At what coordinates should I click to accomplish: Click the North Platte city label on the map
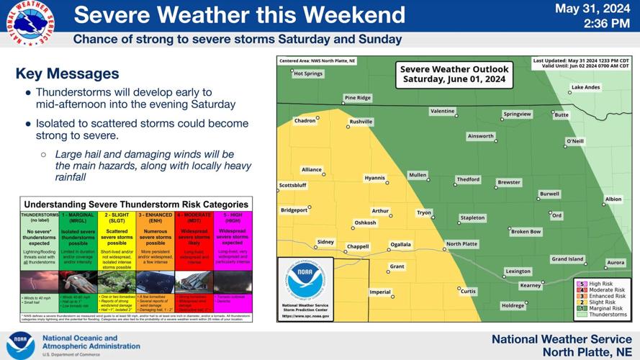click(461, 244)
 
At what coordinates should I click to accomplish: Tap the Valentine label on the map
click(442, 112)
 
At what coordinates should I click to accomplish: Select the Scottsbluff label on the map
click(292, 186)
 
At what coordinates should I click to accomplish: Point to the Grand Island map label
click(567, 259)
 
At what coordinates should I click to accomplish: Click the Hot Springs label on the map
click(308, 73)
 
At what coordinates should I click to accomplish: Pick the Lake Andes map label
click(585, 88)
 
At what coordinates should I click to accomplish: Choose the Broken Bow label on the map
click(526, 232)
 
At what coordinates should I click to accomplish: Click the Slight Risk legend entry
click(605, 302)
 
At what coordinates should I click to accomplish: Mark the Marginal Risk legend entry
click(607, 309)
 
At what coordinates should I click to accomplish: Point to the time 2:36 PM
click(603, 24)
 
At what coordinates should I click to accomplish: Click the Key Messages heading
click(67, 73)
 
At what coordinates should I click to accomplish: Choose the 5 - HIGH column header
click(233, 215)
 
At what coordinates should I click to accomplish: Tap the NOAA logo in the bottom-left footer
click(21, 345)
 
